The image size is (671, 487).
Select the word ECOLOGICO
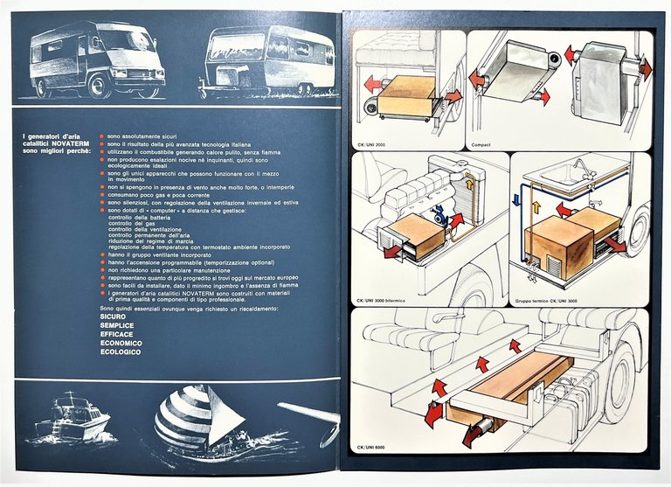pos(121,353)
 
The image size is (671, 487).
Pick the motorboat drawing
pos(73,419)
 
